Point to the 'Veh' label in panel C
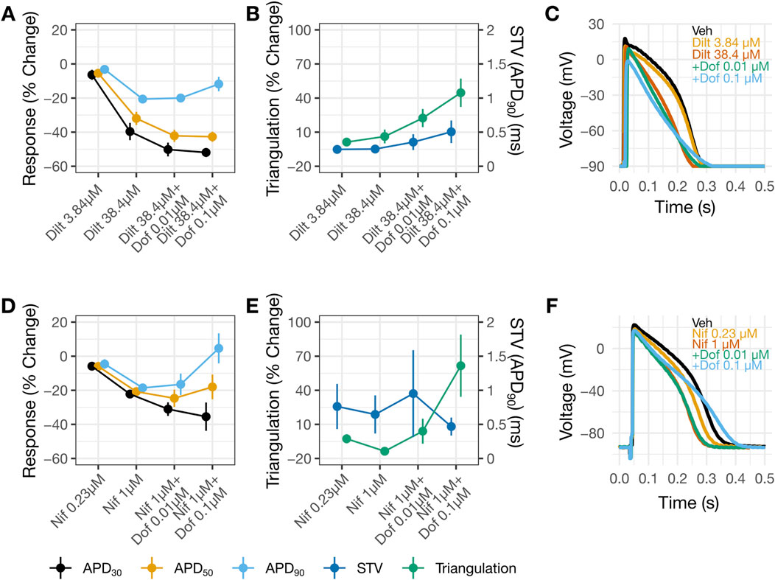(x=701, y=30)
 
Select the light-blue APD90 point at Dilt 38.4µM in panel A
(x=143, y=99)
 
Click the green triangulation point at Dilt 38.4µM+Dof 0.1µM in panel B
(x=460, y=93)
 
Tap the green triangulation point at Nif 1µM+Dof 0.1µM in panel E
(x=460, y=366)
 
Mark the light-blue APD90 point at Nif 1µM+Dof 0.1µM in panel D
(x=218, y=348)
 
